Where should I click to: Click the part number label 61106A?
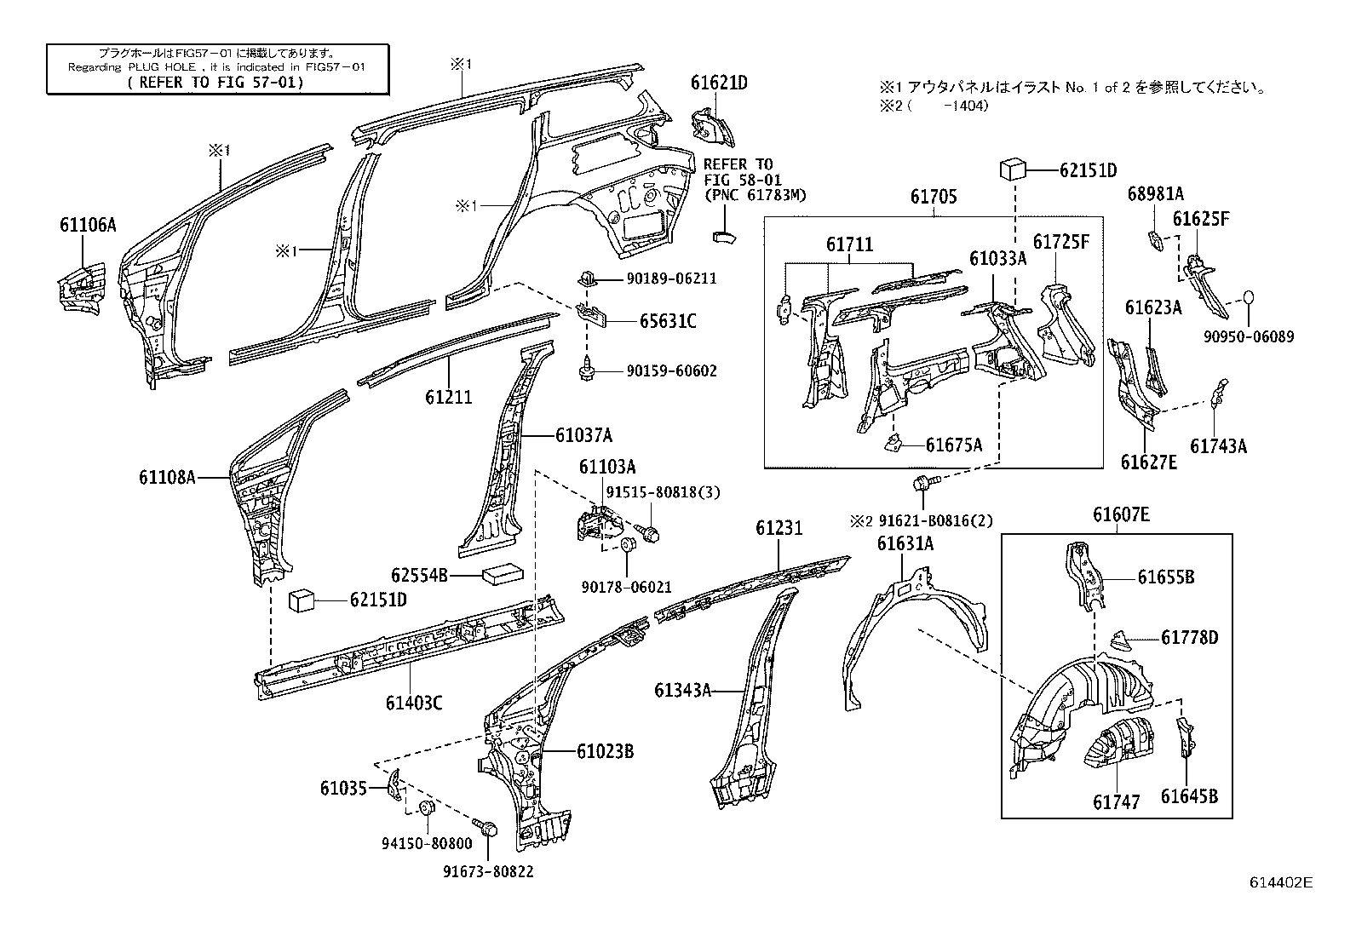[87, 225]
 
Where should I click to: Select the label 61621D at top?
[718, 83]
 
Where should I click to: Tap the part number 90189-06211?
[672, 279]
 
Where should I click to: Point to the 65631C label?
[668, 321]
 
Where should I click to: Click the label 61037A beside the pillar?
[583, 435]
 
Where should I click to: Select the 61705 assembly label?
[934, 197]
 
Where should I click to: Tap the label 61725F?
[1061, 242]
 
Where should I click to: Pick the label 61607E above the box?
[1121, 514]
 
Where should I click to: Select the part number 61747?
[1116, 801]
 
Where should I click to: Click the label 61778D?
[1189, 638]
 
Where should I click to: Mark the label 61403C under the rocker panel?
[414, 703]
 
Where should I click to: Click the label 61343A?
[682, 690]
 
